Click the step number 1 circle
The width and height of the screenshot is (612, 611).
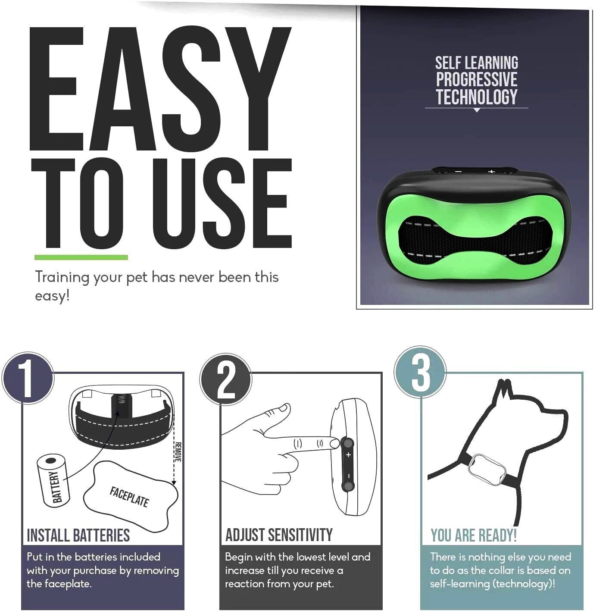pyautogui.click(x=28, y=378)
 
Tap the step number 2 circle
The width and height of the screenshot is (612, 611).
pyautogui.click(x=226, y=379)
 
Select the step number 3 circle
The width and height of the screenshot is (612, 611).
pyautogui.click(x=420, y=372)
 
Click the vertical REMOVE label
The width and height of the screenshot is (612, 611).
pyautogui.click(x=178, y=452)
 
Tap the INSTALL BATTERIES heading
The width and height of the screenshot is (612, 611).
pyautogui.click(x=78, y=536)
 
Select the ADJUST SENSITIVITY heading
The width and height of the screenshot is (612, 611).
pyautogui.click(x=279, y=536)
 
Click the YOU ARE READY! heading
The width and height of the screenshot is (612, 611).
pyautogui.click(x=474, y=536)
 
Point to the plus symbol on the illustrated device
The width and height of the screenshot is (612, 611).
pyautogui.click(x=348, y=455)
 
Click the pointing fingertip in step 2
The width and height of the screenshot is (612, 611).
pyautogui.click(x=334, y=443)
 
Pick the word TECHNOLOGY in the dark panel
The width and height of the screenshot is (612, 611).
pyautogui.click(x=477, y=97)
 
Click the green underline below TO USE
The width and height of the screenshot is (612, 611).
pyautogui.click(x=81, y=257)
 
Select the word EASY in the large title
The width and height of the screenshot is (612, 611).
pyautogui.click(x=160, y=88)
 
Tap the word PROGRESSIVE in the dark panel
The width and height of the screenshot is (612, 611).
pyautogui.click(x=477, y=79)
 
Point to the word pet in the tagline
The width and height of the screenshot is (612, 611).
pyautogui.click(x=137, y=278)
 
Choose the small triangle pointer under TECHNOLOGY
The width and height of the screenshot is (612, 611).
pyautogui.click(x=477, y=110)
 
